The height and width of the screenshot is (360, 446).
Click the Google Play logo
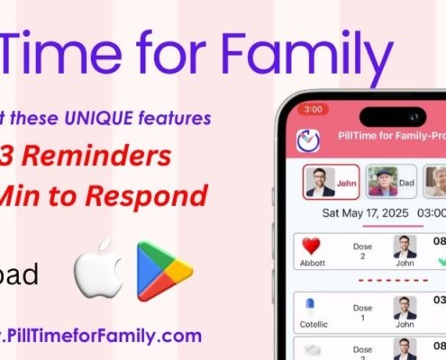point(164,269)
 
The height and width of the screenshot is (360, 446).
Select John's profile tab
point(331,181)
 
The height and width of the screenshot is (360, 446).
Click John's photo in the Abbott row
point(405,246)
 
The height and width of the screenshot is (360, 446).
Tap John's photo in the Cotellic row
point(405,306)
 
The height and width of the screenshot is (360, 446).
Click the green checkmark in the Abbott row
point(441,262)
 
